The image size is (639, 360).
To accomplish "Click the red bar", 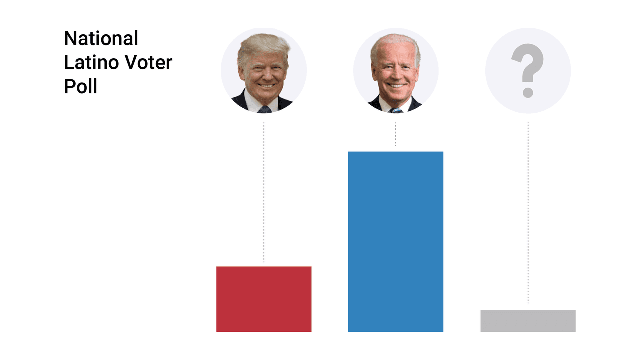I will coord(264,299).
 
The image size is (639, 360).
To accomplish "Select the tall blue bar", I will coord(395,241).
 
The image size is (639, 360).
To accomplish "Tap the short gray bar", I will coord(528,321).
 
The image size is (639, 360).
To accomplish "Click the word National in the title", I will coord(101,38).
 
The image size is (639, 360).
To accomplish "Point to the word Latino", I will coord(91,63).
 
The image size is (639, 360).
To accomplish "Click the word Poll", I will coord(80,87).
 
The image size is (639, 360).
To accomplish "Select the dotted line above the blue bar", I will coord(396,134).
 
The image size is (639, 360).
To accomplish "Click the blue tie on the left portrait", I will coord(264,109).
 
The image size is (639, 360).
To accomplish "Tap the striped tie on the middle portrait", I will coord(396,110).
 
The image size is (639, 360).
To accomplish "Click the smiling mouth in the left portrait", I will coord(265,85).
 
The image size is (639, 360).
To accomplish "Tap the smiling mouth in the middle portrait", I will coord(397,85).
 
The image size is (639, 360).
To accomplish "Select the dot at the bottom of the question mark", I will coord(527,92).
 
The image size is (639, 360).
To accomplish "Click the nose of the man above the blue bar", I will coord(396,74).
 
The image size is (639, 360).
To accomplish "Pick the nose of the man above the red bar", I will coord(265,74).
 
